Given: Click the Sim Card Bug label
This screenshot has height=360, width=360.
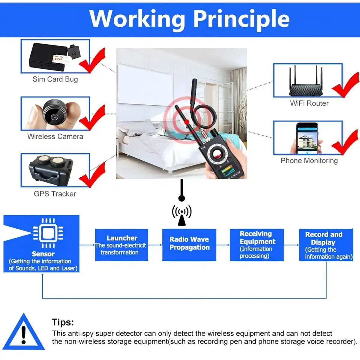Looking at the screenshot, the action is click(x=55, y=79).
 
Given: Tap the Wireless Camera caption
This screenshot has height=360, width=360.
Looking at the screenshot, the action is click(x=55, y=136).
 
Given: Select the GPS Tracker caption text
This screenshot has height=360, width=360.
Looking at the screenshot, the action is click(x=55, y=194).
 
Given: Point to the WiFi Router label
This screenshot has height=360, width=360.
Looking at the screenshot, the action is click(x=309, y=103).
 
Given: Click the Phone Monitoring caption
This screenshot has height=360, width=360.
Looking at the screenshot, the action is click(x=309, y=161).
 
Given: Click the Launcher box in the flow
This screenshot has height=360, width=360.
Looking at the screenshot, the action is click(x=121, y=245).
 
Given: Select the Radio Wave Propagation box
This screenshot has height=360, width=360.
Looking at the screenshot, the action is click(x=189, y=245).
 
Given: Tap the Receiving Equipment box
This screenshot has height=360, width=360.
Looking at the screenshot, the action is click(x=257, y=245).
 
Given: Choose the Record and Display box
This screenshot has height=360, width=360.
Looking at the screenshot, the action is click(x=326, y=245).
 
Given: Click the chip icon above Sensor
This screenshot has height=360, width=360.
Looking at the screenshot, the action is click(x=48, y=233).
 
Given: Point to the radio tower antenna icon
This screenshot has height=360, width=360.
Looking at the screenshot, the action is click(x=182, y=215).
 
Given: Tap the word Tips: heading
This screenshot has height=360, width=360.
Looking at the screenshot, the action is click(x=63, y=322).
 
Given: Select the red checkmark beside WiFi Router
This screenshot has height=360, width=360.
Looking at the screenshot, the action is click(x=346, y=85).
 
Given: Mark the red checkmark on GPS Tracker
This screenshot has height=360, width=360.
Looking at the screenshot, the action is click(x=92, y=175).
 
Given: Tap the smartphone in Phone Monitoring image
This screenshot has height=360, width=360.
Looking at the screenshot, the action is click(x=307, y=138).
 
